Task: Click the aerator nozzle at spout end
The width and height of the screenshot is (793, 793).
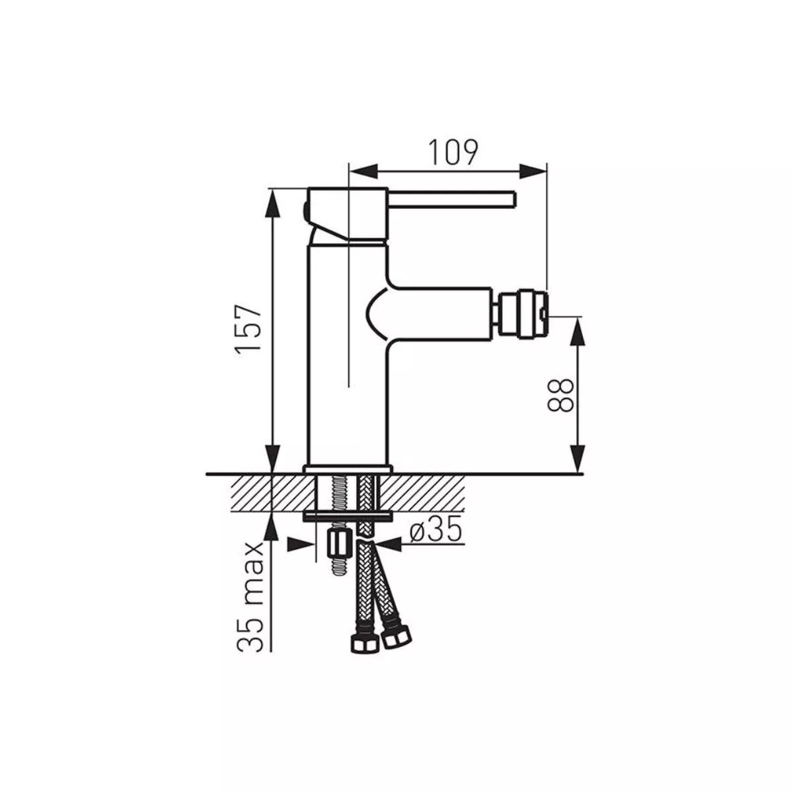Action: (523, 315)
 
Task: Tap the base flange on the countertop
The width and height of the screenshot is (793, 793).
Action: (348, 469)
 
